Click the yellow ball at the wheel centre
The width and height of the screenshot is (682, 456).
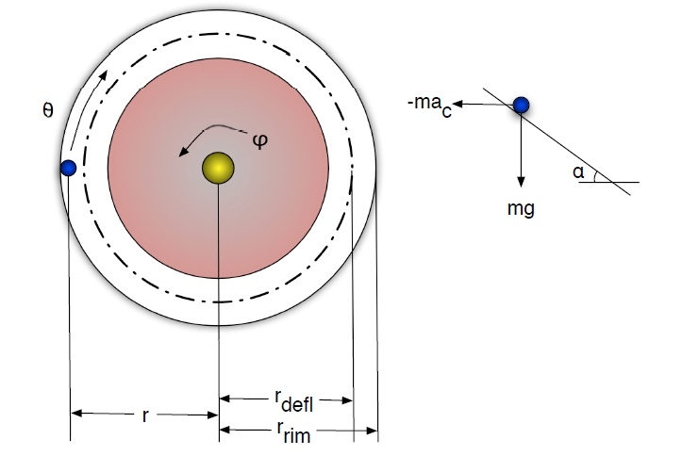pyautogui.click(x=218, y=168)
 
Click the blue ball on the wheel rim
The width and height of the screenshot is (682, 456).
pyautogui.click(x=67, y=169)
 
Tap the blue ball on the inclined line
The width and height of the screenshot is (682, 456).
pyautogui.click(x=520, y=105)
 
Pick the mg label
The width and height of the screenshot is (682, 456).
pyautogui.click(x=520, y=208)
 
